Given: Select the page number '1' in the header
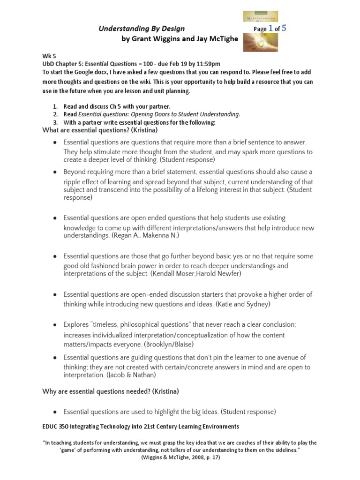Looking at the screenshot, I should click(x=270, y=29).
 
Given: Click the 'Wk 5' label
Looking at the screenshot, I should click(x=49, y=56).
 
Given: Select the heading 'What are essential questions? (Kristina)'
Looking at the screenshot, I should click(x=100, y=130).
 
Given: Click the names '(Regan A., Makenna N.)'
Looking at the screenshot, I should click(x=145, y=235).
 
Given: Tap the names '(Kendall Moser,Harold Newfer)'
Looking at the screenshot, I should click(x=196, y=273).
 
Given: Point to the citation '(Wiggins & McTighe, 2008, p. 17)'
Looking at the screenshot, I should click(x=180, y=458).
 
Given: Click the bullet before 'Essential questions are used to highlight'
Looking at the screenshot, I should click(x=55, y=412).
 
